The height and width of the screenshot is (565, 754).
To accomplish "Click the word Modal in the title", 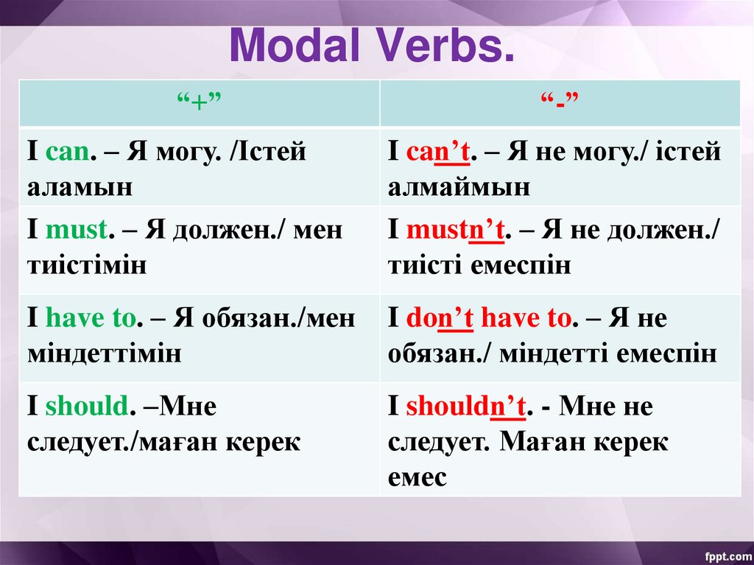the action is [295, 46].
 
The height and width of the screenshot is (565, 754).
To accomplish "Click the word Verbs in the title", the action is [443, 46].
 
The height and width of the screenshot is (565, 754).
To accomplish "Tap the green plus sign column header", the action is [199, 102].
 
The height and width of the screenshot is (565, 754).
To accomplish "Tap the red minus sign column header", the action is [560, 102].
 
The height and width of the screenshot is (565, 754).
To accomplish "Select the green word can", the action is [68, 152].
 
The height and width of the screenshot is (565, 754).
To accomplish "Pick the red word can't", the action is [438, 152].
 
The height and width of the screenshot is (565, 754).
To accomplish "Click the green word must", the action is [77, 230].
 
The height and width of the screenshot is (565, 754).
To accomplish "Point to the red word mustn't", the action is [455, 230].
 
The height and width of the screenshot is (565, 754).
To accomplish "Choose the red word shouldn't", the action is [465, 405].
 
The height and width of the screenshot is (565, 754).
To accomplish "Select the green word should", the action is [87, 405].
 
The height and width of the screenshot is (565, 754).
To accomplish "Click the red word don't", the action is [440, 318].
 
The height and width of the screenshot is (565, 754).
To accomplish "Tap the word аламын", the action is [80, 188].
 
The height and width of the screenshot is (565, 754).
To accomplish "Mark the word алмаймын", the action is [459, 188].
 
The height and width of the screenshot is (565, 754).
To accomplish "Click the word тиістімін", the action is [87, 266].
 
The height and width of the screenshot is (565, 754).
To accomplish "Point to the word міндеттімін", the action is [105, 354].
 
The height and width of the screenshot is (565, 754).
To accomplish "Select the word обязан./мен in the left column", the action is [278, 318].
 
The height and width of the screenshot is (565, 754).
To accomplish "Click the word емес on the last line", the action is [417, 477].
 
